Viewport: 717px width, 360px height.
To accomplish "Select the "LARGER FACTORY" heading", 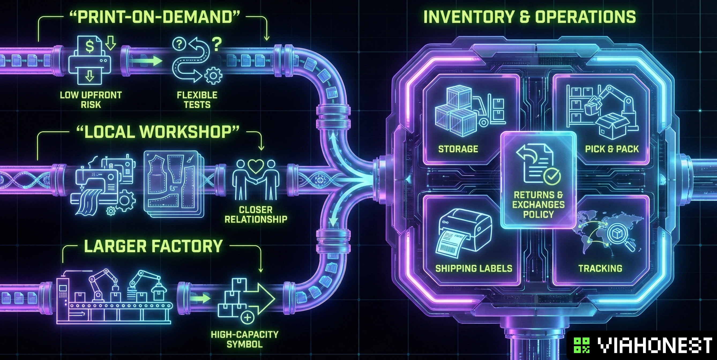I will point(153,246).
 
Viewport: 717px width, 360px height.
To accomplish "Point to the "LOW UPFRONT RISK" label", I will point(91,100).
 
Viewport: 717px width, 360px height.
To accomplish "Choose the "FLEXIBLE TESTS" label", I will point(197,100).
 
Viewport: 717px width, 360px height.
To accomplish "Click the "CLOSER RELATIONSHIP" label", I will point(256,215).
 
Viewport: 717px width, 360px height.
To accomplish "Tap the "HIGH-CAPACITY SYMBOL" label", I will point(245,339).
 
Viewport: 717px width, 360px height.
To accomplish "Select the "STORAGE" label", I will point(458,149).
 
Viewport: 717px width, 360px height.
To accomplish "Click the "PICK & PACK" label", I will point(612,149).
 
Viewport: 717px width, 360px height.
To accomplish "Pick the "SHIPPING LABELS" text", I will point(474,268).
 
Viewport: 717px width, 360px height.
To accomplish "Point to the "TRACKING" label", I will point(600,268).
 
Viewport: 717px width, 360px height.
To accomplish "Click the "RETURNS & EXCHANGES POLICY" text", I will point(538,204).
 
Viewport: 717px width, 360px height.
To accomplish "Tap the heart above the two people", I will point(256,166).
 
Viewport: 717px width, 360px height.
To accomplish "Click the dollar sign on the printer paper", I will point(89,47).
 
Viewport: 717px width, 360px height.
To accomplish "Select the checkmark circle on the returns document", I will point(552,176).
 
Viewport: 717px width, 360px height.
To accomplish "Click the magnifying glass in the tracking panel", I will point(619,237).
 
